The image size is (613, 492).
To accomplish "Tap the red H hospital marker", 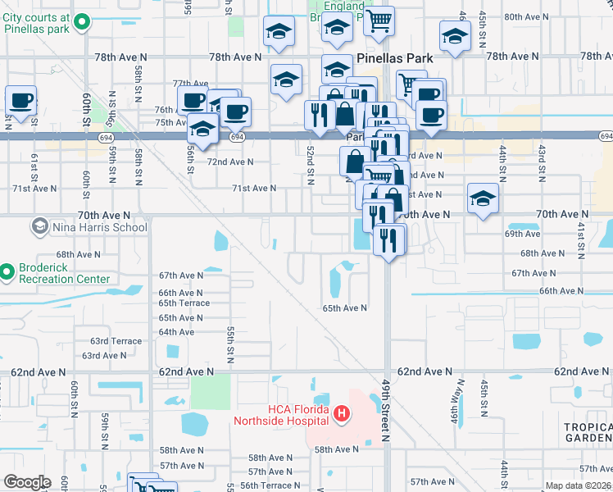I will tap(343, 416).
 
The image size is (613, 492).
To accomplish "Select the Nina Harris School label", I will tap(99, 227).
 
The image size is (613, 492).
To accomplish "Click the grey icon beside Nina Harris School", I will tap(39, 225).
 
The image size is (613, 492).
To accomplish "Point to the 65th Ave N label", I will tap(344, 308).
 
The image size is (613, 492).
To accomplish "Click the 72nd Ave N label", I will tap(230, 162).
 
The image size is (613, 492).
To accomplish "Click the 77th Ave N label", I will tap(190, 84).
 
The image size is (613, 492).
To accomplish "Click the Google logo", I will tap(26, 482).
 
